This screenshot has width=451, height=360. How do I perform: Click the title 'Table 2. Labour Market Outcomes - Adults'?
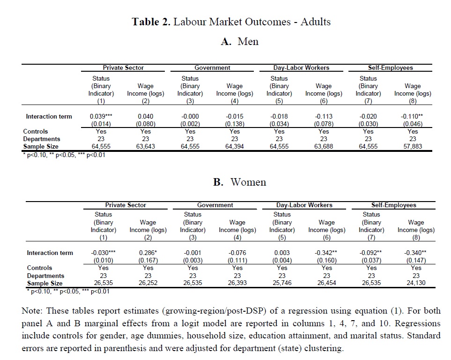coord(231,22)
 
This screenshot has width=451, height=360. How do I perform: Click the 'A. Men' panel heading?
coord(240,41)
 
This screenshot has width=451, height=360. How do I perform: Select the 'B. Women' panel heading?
coord(239,182)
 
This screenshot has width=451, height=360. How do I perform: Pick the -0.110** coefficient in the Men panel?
coord(413,116)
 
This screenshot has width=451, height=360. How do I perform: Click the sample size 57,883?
coord(413,146)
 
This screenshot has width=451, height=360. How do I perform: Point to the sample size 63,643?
coord(146,146)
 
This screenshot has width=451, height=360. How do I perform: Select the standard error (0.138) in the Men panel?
coord(235,124)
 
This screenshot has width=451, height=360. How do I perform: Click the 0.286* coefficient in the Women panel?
coord(148,253)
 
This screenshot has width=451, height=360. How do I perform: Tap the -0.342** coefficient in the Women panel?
coord(326,253)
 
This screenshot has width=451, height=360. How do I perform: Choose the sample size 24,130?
coord(416,283)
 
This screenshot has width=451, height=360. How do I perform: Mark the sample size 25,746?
coord(282,283)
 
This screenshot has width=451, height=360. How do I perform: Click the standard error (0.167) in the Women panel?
coord(148,260)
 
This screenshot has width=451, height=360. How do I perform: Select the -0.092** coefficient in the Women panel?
coord(371,253)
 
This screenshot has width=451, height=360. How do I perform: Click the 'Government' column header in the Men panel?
coord(212,68)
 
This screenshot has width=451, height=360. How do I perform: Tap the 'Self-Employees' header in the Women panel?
coord(393,205)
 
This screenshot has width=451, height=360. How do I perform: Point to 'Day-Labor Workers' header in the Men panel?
coord(301,68)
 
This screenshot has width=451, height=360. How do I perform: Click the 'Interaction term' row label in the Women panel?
coord(50,253)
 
